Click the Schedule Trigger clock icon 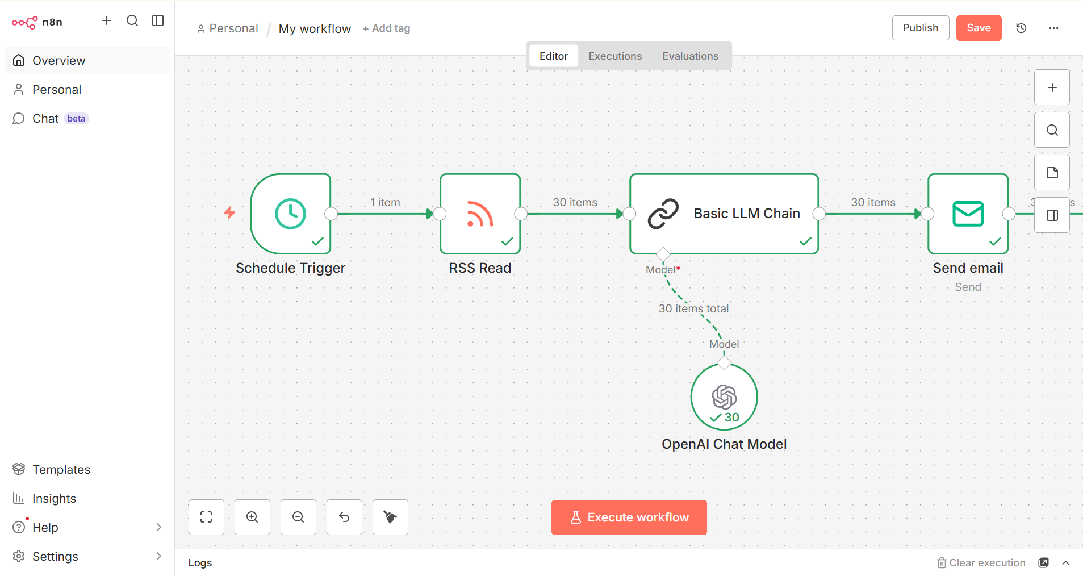pos(290,214)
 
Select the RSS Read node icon pos(480,214)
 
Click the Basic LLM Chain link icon pos(663,214)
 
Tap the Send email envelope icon pos(968,214)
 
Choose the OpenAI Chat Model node pos(724,397)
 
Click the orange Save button pos(979,28)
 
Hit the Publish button pos(920,28)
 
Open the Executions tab pos(615,56)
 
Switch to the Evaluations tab pos(690,56)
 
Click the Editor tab pos(553,56)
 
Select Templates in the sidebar pos(61,470)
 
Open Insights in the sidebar pos(54,499)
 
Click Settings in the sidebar pos(55,557)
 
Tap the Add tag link pos(387,28)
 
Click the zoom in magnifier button pos(252,517)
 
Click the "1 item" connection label pos(385,202)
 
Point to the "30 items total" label pos(693,308)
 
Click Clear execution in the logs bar pos(981,563)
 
